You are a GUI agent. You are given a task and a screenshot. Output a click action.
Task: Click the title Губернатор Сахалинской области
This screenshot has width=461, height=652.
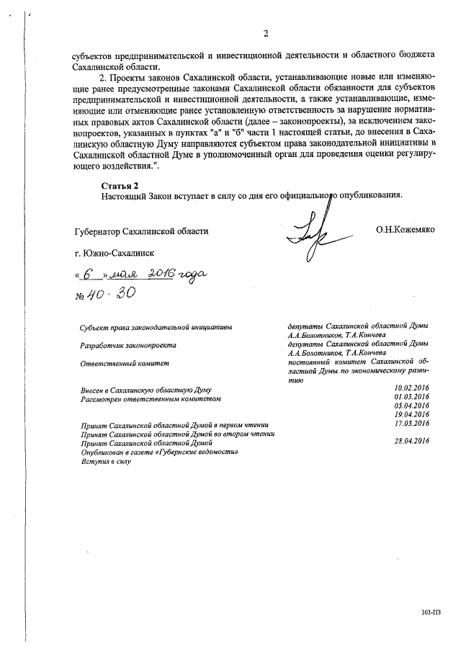(x=141, y=231)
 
